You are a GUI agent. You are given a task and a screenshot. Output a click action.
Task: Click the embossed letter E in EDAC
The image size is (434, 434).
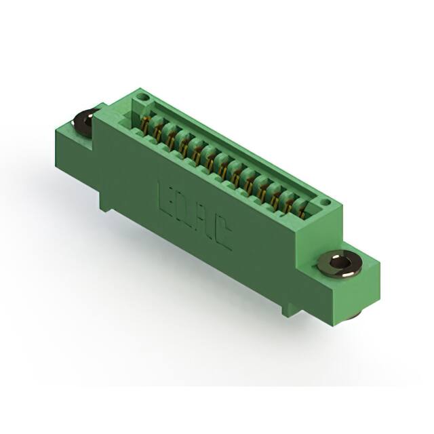pos(165,193)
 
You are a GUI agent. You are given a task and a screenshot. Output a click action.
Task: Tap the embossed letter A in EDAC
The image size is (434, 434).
pos(202,224)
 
